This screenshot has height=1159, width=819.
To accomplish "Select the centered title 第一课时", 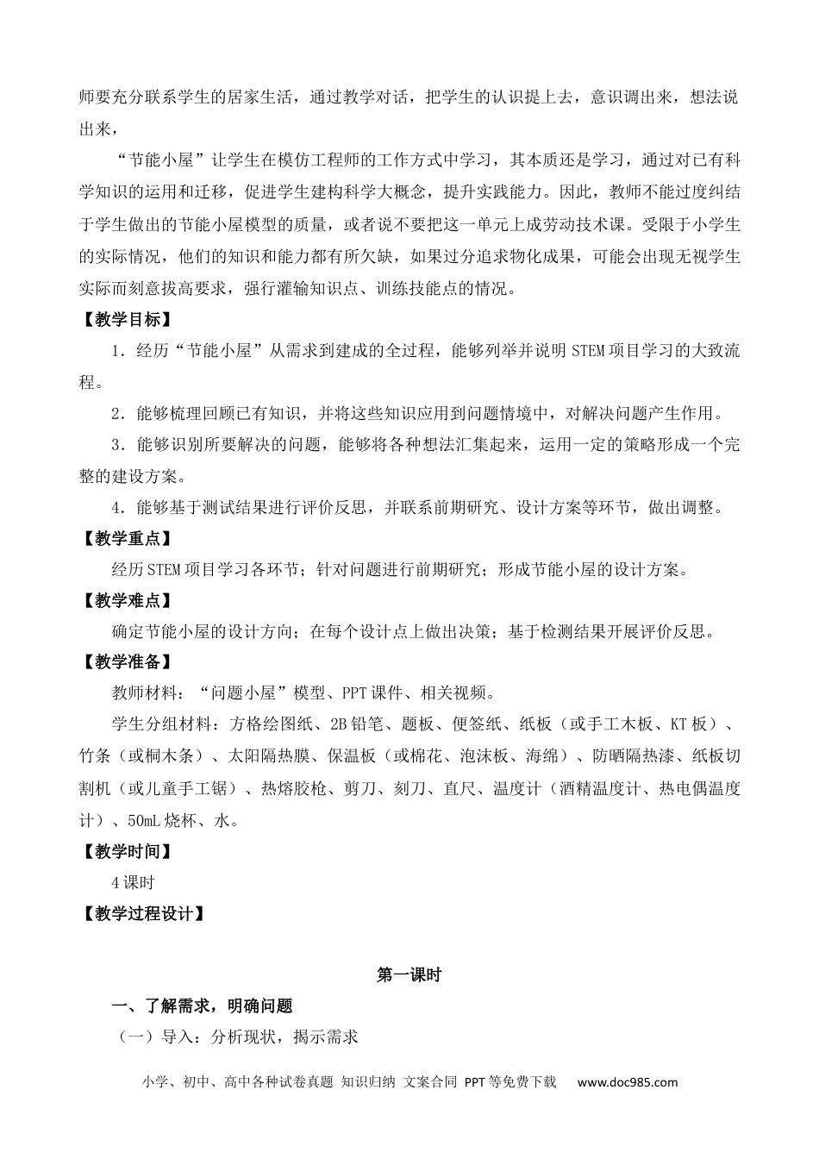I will click(x=409, y=975).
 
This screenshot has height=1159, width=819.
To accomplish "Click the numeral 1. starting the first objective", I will click(x=118, y=350).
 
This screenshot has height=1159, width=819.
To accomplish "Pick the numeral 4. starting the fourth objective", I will click(x=118, y=507).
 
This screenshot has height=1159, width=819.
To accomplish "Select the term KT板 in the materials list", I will click(x=690, y=725).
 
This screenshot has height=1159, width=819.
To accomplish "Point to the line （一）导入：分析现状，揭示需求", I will click(x=237, y=1037).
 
